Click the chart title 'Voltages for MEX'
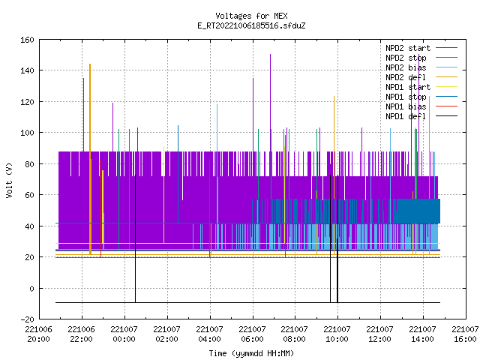click(251, 16)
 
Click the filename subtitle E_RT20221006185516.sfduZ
click(251, 25)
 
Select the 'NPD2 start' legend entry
click(421, 48)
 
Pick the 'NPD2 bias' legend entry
click(421, 67)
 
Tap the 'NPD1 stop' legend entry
click(421, 97)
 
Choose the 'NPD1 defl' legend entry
click(421, 116)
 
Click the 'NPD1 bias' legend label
click(406, 106)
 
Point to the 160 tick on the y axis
click(27, 40)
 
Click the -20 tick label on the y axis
click(27, 319)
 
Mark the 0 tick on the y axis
click(31, 288)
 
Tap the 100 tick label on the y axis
click(27, 133)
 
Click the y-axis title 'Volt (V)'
click(9, 180)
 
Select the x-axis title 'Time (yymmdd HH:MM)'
click(251, 353)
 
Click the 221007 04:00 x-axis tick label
click(210, 334)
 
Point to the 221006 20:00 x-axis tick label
click(39, 334)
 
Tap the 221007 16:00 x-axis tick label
click(465, 334)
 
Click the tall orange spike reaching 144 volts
click(90, 159)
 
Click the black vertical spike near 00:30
click(135, 238)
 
